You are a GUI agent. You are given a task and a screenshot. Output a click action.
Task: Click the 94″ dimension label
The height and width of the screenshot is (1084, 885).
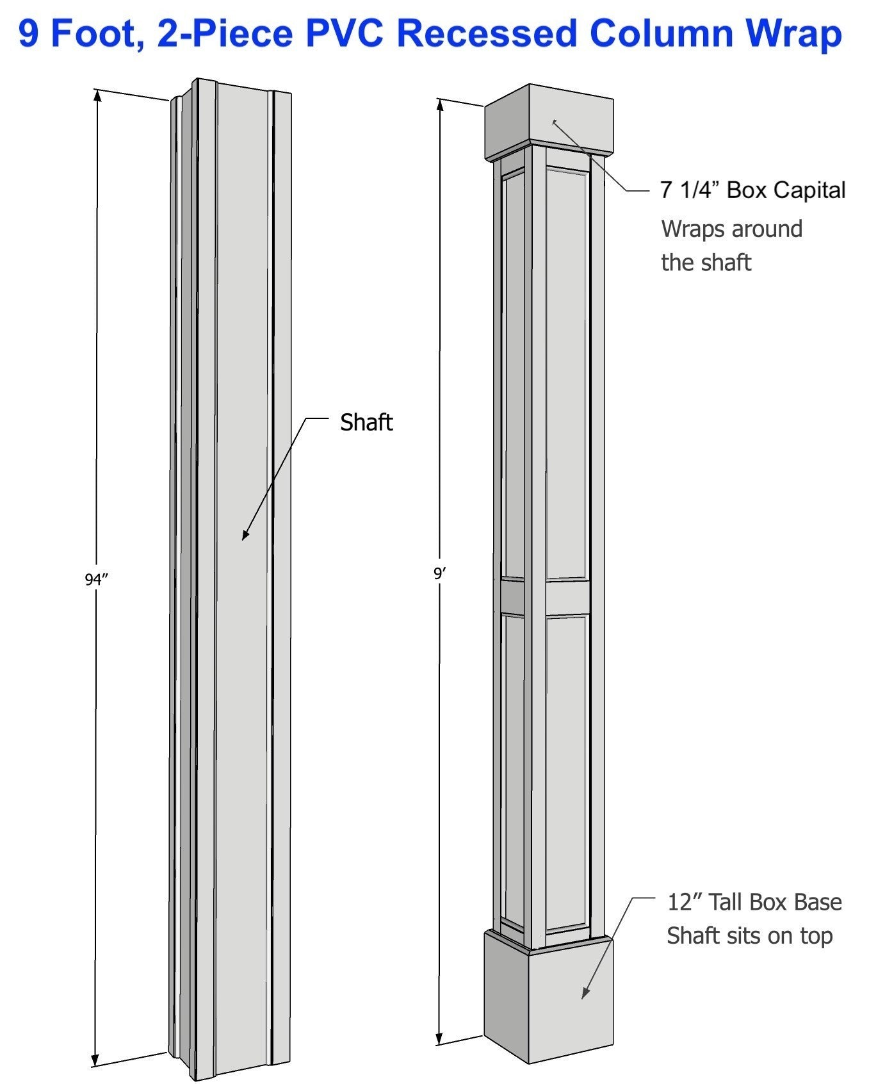tap(96, 580)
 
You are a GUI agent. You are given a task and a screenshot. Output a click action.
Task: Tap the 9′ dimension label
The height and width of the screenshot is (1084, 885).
tap(439, 574)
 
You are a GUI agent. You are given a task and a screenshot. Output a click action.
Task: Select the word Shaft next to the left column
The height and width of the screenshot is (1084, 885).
tap(366, 423)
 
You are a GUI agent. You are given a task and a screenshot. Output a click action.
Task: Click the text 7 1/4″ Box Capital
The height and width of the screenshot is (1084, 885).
tap(752, 190)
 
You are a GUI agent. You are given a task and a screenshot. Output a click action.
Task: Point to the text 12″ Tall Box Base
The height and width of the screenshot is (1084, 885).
tap(754, 902)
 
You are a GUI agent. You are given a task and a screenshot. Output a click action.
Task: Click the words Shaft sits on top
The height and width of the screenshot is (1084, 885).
tap(749, 936)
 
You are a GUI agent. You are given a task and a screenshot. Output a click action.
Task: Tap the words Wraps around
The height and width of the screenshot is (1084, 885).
tap(731, 229)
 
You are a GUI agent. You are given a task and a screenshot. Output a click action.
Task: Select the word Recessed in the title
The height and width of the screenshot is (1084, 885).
tap(487, 33)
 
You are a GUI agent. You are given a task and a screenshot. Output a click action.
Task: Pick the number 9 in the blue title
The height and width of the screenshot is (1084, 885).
tap(29, 33)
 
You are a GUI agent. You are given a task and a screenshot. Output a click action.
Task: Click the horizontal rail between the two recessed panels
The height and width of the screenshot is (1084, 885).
tap(567, 597)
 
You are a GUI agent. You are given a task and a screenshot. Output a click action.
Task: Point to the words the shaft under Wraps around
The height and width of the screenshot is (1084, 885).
tap(706, 263)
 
